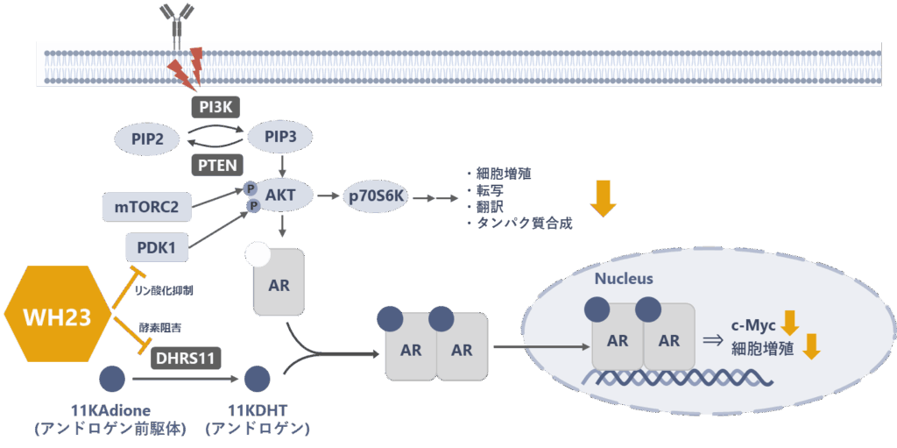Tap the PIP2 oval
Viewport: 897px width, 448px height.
[146, 139]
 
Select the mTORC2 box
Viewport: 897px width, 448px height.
[146, 207]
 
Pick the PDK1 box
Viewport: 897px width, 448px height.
[157, 247]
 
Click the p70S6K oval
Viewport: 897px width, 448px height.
[374, 196]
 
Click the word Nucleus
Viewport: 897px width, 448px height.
[624, 279]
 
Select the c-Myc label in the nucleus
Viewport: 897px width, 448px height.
[751, 324]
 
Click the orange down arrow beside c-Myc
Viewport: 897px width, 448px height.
[790, 323]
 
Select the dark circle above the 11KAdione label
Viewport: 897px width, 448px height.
[112, 380]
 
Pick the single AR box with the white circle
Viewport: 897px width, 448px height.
[279, 282]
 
